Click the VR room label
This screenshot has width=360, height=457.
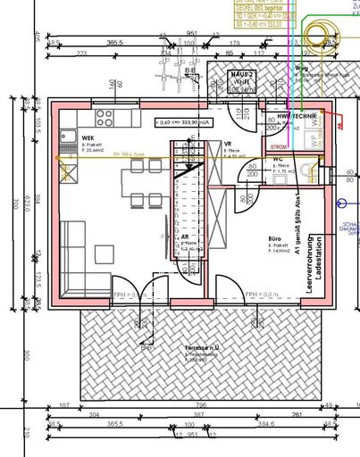coord(229,143)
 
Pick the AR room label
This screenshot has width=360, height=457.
coord(185,237)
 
